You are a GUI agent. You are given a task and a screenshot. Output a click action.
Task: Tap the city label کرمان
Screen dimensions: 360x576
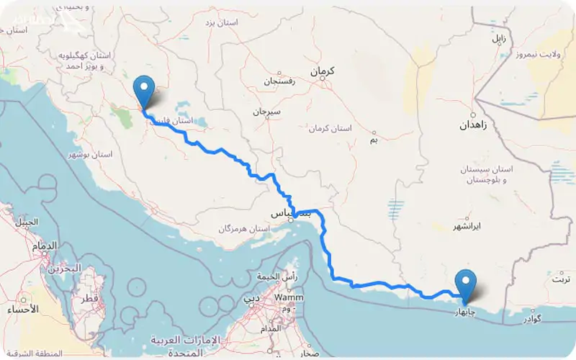tap(323, 72)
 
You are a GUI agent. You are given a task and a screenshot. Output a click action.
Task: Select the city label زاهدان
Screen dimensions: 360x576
tap(474, 125)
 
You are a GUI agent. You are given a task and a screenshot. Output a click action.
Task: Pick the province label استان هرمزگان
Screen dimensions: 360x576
tap(245, 229)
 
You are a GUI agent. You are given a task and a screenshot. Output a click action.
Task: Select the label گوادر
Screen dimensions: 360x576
tap(539, 318)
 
